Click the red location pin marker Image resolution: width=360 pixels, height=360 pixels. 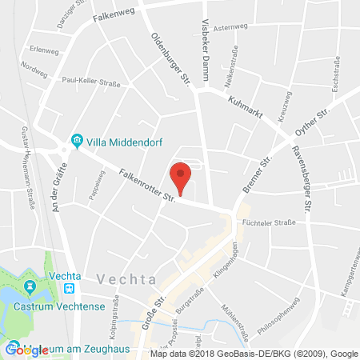(182, 176)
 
